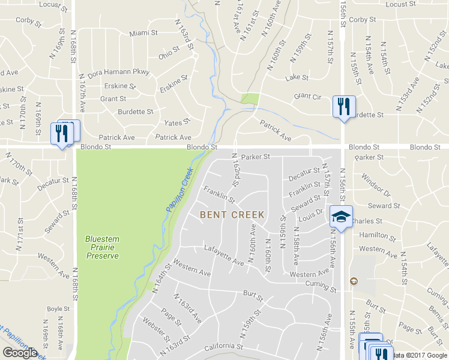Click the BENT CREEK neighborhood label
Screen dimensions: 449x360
[232, 214]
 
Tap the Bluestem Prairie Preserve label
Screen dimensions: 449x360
[102, 247]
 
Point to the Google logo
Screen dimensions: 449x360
[19, 353]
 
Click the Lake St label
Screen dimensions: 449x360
[297, 77]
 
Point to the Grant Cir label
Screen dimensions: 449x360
[308, 96]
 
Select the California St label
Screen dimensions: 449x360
[223, 346]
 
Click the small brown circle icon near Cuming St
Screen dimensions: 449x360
[354, 281]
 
